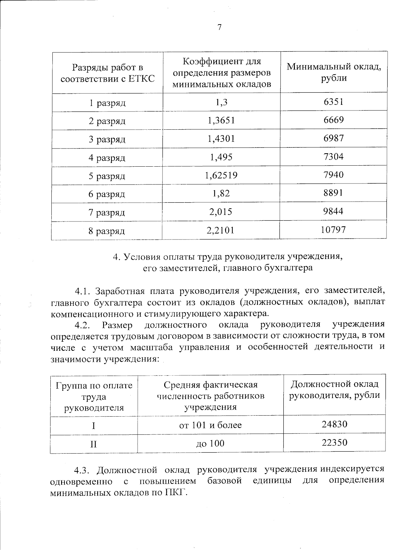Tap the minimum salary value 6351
pyautogui.click(x=333, y=102)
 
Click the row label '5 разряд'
pyautogui.click(x=107, y=176)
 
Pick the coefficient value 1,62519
pyautogui.click(x=221, y=175)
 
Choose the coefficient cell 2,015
pyautogui.click(x=221, y=212)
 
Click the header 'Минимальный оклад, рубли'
pyautogui.click(x=334, y=72)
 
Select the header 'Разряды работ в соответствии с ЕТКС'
pyautogui.click(x=107, y=73)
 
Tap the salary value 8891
pyautogui.click(x=333, y=193)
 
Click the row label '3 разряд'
pyautogui.click(x=107, y=139)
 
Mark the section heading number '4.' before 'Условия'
pyautogui.click(x=116, y=257)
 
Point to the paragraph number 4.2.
pyautogui.click(x=83, y=325)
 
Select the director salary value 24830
pyautogui.click(x=334, y=424)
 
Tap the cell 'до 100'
pyautogui.click(x=210, y=443)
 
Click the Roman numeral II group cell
pyautogui.click(x=93, y=444)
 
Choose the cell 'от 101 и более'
pyautogui.click(x=210, y=425)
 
